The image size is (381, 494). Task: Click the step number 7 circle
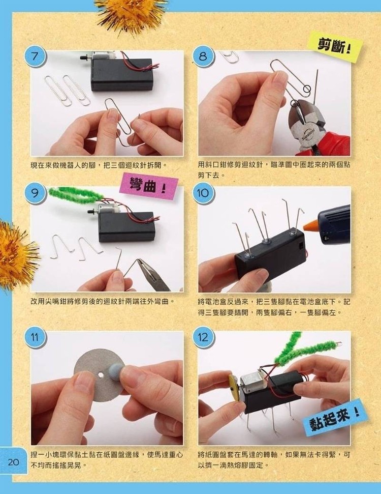pyautogui.click(x=35, y=56)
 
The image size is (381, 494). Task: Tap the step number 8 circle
pyautogui.click(x=203, y=56)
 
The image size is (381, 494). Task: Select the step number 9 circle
pyautogui.click(x=35, y=192)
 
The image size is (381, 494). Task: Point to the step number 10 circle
pyautogui.click(x=203, y=192)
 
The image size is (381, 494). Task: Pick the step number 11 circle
pyautogui.click(x=35, y=337)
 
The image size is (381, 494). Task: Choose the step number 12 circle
pyautogui.click(x=203, y=337)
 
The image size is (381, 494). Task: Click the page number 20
pyautogui.click(x=14, y=462)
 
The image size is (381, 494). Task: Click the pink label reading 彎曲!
pyautogui.click(x=148, y=188)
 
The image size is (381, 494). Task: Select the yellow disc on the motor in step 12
pyautogui.click(x=234, y=388)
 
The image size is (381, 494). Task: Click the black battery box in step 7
pyautogui.click(x=122, y=74)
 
